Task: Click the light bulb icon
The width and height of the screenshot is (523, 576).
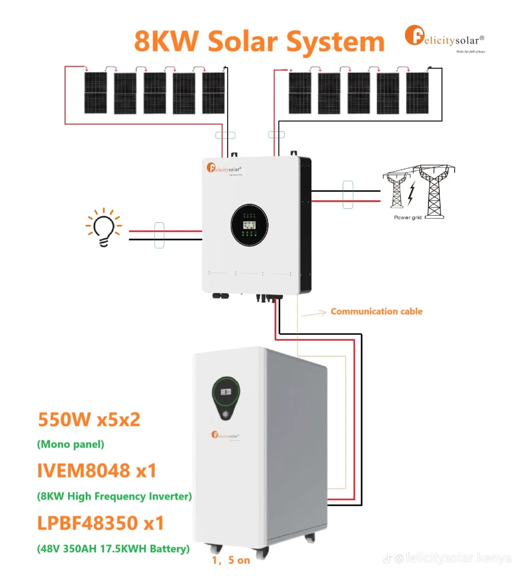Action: (x=104, y=228)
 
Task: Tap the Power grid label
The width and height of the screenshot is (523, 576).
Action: (x=407, y=217)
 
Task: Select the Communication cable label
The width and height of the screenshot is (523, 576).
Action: (x=376, y=311)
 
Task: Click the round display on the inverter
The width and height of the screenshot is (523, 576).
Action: (x=249, y=225)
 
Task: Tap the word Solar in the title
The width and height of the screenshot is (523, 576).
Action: (x=243, y=41)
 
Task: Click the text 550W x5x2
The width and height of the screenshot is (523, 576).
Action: (x=89, y=419)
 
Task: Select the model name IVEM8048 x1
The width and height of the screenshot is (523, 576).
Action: (x=96, y=471)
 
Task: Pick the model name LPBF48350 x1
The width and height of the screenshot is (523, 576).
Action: (x=100, y=523)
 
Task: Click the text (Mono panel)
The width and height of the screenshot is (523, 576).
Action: (x=70, y=445)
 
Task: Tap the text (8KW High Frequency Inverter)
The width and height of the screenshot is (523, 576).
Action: (x=114, y=496)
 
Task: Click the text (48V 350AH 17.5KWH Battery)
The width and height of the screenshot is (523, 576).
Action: (x=113, y=549)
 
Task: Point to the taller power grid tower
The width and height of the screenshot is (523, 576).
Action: (x=434, y=191)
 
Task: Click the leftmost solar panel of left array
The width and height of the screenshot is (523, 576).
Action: (x=95, y=93)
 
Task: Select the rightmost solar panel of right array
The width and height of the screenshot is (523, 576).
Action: (x=417, y=93)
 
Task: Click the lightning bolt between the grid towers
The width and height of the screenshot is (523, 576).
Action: (x=411, y=193)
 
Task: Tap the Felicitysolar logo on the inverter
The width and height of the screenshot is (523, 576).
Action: (x=224, y=169)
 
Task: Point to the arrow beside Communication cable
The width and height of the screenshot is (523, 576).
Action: (x=315, y=313)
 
